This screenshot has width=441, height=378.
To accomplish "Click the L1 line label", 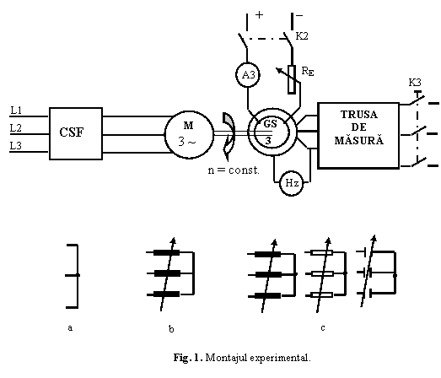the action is pyautogui.click(x=16, y=111).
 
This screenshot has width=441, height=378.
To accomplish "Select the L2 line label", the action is pyautogui.click(x=16, y=128).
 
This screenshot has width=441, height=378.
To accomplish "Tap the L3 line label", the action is pyautogui.click(x=16, y=146).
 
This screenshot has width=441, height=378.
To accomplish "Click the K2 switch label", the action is pyautogui.click(x=302, y=36).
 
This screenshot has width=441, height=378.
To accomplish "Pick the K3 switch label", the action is pyautogui.click(x=415, y=83).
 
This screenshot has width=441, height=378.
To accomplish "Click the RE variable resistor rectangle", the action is pyautogui.click(x=292, y=79).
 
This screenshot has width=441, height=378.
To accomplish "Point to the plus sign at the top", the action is pyautogui.click(x=260, y=14).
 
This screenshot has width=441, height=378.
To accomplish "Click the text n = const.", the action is pyautogui.click(x=234, y=170).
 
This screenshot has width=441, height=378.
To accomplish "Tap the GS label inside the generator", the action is pyautogui.click(x=270, y=123).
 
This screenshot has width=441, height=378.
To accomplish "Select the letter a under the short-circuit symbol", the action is pyautogui.click(x=70, y=328).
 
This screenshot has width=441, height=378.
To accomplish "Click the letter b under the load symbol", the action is pyautogui.click(x=171, y=328).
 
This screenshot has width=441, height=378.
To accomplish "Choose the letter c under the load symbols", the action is pyautogui.click(x=323, y=328).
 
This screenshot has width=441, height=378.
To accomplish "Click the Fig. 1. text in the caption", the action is pyautogui.click(x=188, y=358).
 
